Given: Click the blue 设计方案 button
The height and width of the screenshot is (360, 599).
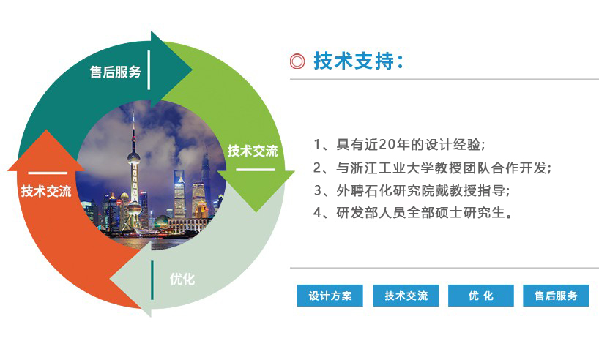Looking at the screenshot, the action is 330,296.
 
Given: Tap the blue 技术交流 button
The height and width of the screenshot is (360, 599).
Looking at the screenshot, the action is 406,296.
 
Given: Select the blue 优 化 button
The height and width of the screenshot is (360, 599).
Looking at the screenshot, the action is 481,296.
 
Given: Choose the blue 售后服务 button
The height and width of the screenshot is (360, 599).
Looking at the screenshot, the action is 556,296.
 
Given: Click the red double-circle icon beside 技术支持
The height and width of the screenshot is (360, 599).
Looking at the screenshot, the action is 297,61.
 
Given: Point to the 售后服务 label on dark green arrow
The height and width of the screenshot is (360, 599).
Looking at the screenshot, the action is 116,72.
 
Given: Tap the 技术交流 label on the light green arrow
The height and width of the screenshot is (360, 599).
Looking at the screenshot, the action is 253,151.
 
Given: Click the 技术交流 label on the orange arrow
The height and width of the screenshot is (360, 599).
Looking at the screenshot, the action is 46,191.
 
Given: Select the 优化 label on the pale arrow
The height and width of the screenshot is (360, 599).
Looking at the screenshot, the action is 182,279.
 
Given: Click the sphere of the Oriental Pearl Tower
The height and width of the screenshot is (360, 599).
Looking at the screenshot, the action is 134,157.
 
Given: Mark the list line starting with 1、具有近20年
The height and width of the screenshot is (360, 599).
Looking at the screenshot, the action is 399,145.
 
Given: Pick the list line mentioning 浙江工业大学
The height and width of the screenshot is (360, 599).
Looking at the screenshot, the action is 433,168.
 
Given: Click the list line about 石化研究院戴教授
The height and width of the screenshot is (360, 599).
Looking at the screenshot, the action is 412,190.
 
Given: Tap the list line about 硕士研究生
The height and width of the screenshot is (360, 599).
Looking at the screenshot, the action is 413,212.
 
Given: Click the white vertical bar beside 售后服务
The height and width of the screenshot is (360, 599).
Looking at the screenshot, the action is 149,70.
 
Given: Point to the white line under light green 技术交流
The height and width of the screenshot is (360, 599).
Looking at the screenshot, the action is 256,170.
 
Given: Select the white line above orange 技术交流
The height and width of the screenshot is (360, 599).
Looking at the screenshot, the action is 48,173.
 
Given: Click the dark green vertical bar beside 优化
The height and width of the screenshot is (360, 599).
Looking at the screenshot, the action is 152,280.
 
